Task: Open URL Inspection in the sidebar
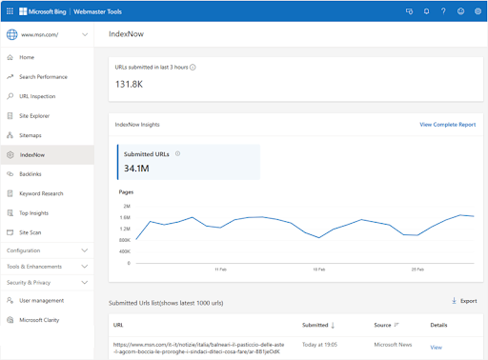click(38, 95)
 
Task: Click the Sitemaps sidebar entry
click(30, 134)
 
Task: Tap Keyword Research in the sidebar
click(41, 193)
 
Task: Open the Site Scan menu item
click(31, 231)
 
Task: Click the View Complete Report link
click(447, 125)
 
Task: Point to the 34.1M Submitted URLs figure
click(136, 169)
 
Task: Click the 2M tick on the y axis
click(126, 206)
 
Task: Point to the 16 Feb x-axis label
click(319, 270)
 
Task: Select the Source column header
click(382, 325)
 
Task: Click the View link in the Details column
click(436, 348)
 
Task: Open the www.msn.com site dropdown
click(87, 35)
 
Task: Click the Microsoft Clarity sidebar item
click(39, 320)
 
